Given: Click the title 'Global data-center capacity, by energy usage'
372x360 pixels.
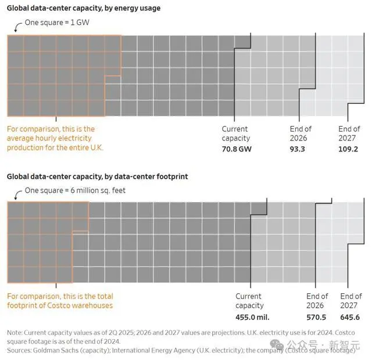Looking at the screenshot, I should [84, 9].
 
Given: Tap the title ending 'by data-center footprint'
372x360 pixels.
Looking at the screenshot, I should [97, 176].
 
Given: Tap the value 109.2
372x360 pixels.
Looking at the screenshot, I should [349, 148].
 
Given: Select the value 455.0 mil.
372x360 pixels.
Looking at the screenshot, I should [252, 317].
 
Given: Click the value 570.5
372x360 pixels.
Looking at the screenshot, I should [316, 317].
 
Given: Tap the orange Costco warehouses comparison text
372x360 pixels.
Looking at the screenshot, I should [59, 301].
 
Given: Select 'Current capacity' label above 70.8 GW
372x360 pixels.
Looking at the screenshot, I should [235, 134].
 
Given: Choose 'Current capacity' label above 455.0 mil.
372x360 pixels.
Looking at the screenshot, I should [249, 301].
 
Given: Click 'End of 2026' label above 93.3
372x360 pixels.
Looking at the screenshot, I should [301, 134].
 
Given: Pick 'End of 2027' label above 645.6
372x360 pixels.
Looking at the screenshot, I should [350, 301].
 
